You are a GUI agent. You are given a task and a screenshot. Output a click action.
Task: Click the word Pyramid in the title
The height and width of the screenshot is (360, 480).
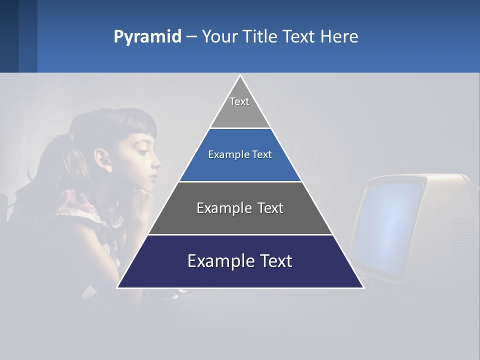point(147,37)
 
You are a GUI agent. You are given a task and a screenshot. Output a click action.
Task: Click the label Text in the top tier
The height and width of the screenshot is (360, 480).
point(239,101)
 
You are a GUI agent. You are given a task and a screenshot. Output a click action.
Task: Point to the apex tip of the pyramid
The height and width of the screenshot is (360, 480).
point(240,76)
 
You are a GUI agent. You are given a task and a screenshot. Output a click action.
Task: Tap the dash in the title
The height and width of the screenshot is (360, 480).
point(191,37)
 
